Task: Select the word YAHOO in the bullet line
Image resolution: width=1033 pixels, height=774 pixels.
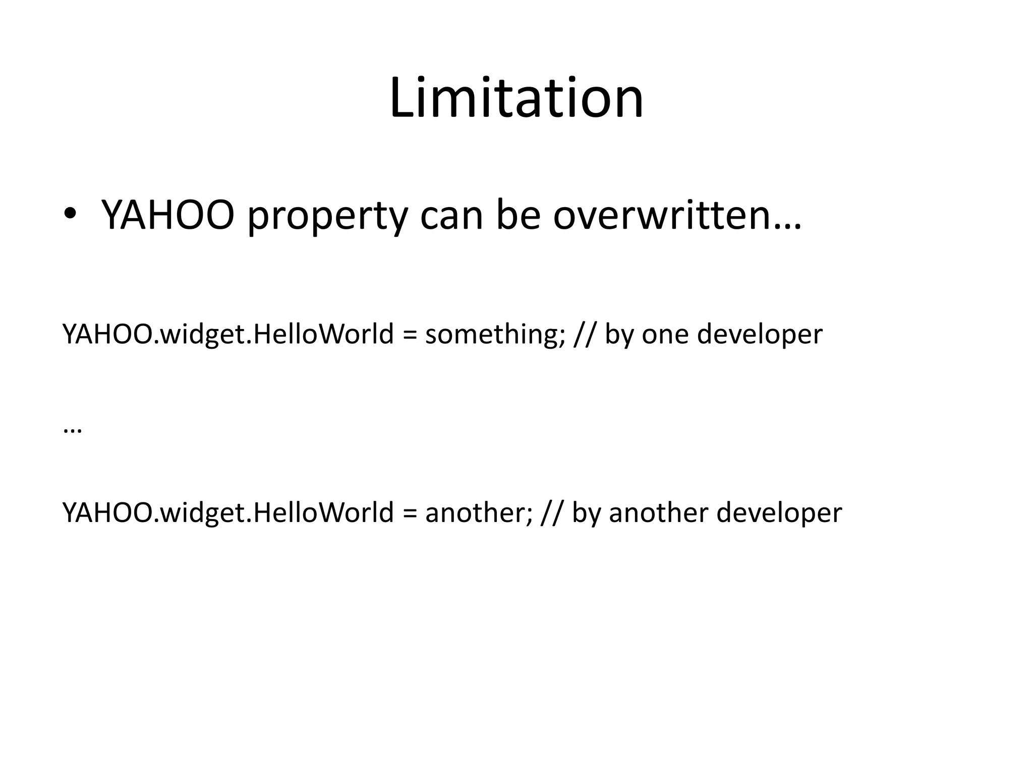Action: coord(168,215)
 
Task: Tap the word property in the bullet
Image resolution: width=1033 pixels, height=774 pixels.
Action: coord(327,217)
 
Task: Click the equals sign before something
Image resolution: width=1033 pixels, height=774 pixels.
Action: coord(409,335)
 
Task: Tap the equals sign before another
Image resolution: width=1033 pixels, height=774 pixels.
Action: coord(409,513)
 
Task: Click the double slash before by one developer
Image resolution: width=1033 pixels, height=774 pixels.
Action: coord(585,335)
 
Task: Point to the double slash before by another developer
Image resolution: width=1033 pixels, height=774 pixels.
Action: coord(552,513)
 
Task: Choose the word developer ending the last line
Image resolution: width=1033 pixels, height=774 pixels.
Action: coord(779,513)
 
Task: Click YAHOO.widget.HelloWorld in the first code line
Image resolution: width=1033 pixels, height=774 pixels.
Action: coord(228,335)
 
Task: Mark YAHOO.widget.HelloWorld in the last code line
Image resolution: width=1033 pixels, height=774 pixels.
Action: coord(228,513)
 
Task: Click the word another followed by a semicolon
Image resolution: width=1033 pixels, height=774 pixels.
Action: coord(477,513)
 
